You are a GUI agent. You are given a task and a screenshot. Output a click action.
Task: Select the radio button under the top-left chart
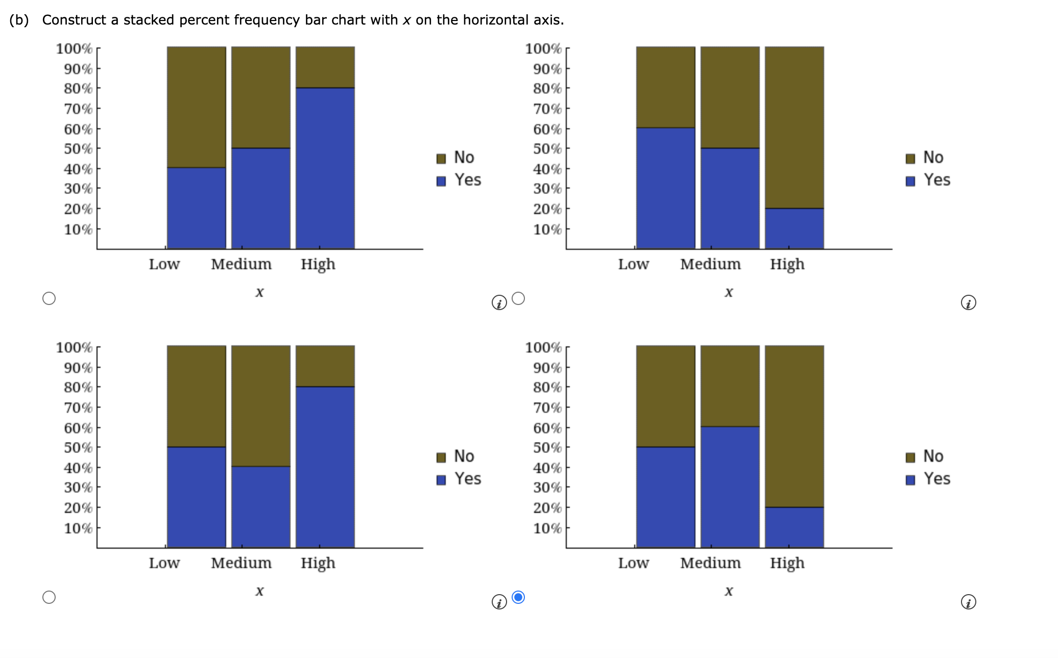49,298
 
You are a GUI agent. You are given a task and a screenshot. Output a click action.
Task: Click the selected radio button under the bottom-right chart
518,597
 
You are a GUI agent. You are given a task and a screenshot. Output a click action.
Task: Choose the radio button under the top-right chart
518,298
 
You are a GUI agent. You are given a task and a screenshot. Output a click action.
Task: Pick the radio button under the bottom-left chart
49,597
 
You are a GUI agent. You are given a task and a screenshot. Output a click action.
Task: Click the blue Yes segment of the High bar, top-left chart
325,169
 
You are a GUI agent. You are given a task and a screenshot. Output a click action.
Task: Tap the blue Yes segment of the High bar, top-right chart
794,228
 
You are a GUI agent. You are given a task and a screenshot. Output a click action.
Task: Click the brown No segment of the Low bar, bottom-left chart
197,396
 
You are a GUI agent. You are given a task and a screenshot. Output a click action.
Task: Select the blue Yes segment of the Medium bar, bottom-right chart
730,487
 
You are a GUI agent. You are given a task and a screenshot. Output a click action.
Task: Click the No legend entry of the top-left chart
456,158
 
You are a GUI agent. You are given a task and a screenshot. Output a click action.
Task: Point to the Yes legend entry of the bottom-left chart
459,479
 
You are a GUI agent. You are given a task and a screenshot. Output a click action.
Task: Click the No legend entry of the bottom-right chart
925,457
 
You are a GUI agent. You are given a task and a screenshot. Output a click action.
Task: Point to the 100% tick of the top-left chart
74,49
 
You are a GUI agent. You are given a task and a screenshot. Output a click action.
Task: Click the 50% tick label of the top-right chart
547,149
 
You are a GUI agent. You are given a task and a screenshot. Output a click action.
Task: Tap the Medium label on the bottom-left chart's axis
241,563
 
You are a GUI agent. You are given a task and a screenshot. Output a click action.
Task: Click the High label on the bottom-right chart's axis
787,563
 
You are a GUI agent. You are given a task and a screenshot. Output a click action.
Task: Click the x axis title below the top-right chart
729,292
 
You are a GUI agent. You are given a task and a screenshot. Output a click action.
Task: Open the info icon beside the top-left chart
499,303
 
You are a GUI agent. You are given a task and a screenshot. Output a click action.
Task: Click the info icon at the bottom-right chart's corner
968,602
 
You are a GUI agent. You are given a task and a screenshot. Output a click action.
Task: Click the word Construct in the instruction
74,20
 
